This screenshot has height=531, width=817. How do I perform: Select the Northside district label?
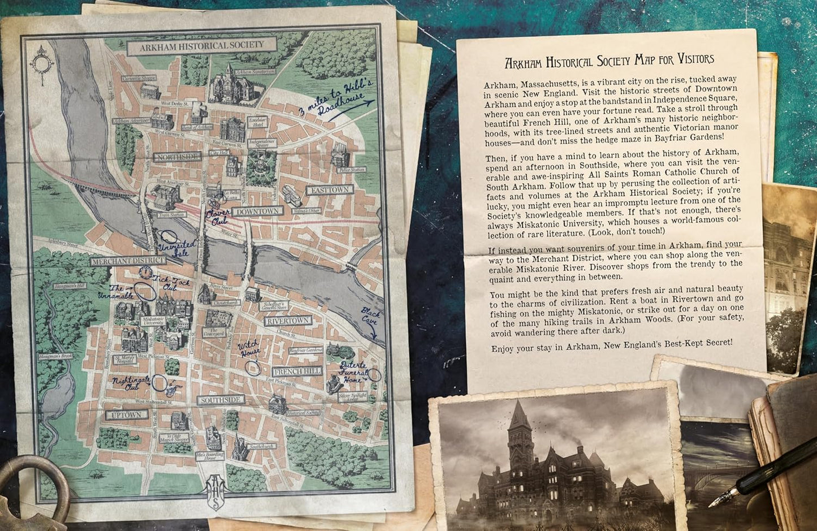click(x=178, y=157)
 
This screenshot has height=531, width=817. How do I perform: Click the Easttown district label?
click(x=330, y=190)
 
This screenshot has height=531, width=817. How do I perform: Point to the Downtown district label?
click(x=258, y=211)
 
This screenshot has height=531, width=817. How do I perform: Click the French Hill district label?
click(x=297, y=372)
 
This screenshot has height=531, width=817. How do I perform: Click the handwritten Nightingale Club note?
click(x=131, y=383)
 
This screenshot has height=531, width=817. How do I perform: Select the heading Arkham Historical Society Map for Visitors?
click(x=609, y=60)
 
